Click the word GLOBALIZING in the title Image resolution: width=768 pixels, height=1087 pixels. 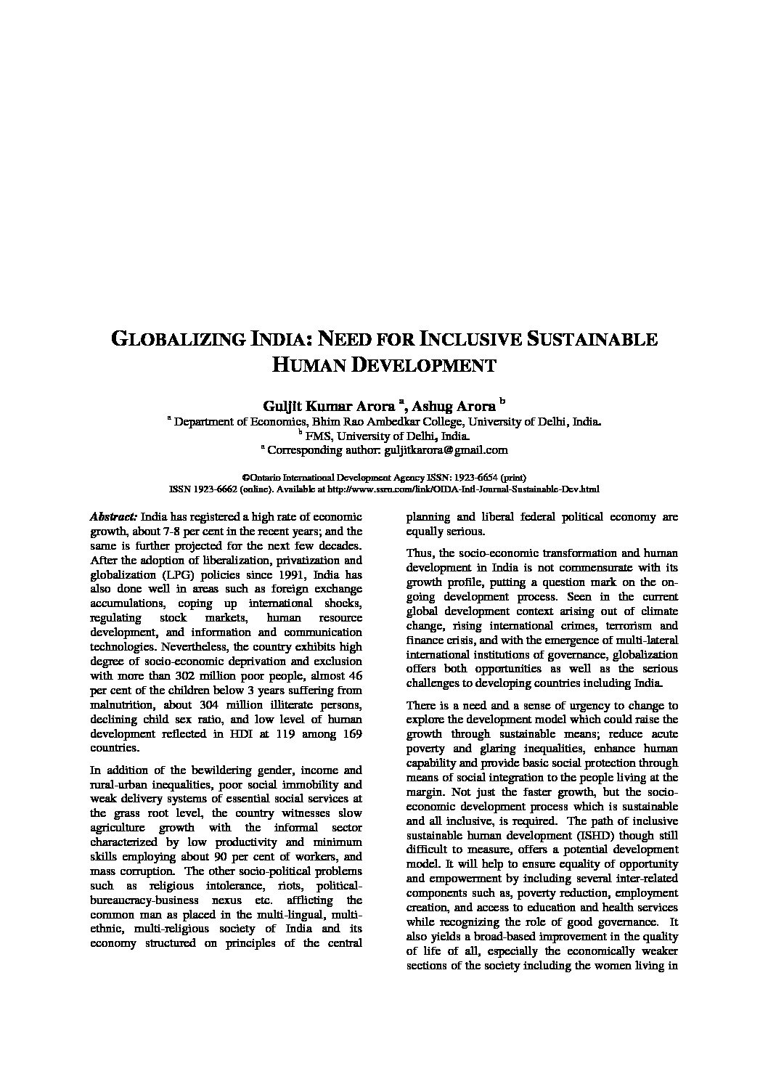tap(175, 340)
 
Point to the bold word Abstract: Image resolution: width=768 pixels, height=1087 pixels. tap(113, 517)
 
